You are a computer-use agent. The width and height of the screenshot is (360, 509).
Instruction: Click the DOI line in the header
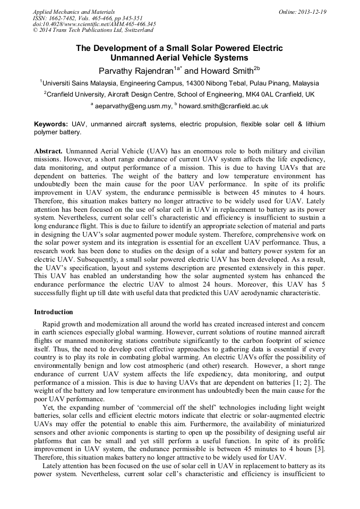pos(94,24)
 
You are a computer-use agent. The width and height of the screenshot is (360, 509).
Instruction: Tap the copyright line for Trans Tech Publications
pos(93,31)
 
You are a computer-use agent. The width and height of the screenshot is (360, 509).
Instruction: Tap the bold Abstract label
pos(48,151)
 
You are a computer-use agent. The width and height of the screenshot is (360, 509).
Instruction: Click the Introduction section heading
pos(53,312)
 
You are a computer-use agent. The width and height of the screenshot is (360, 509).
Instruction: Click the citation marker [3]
pos(319,450)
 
